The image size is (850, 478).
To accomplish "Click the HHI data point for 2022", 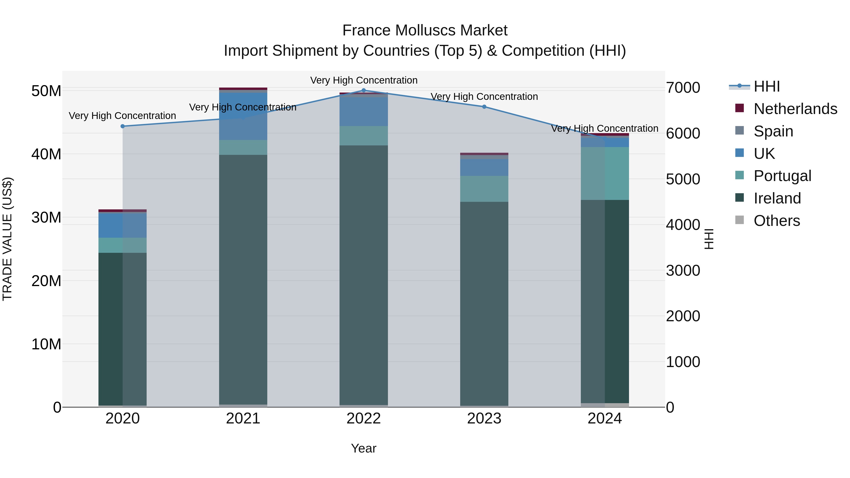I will point(364,90).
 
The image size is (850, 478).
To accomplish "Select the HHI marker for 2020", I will point(123,126).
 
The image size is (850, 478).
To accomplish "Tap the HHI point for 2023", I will point(484,106).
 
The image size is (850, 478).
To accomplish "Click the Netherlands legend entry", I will point(795,109).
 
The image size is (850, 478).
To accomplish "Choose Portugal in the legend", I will point(782,176).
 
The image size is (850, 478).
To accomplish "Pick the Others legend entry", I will point(777,221).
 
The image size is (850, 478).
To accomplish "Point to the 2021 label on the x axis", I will point(243,419).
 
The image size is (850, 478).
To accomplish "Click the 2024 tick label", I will point(604,419).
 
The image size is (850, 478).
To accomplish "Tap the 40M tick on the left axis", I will point(46,154).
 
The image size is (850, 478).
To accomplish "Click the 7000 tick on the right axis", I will point(683,88).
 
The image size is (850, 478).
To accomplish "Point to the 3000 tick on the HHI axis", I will point(683,271).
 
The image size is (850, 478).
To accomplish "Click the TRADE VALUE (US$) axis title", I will point(7,239).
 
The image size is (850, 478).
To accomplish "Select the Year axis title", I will point(364,448).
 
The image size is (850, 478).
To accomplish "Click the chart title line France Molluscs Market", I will point(425,30).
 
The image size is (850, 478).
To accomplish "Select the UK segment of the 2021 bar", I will point(243,116).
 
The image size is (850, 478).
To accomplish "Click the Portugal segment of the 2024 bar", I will point(604,173).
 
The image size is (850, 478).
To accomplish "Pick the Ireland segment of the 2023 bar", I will point(484,304).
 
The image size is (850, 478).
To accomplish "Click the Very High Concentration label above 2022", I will point(364,80).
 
